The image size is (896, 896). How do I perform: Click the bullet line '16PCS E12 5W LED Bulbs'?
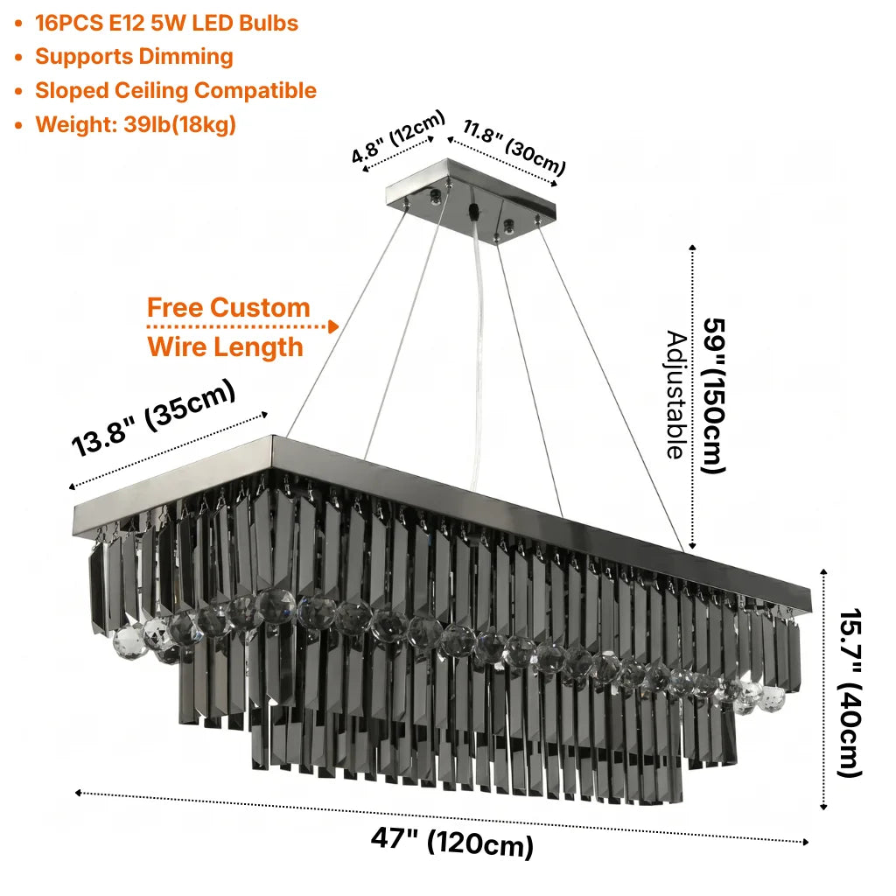166,23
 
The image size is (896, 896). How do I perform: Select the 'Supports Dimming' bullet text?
134,57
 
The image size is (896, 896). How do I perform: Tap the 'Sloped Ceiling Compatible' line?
176,90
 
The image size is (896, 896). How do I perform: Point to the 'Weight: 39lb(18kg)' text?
136,124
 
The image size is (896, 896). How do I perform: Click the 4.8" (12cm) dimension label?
398,136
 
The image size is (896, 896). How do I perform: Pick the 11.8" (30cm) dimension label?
514,147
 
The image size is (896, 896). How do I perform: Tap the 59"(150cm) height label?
714,395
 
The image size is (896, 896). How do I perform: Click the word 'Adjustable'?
676,395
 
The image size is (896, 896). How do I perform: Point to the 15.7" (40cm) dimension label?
850,693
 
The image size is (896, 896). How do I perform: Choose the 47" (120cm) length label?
452,842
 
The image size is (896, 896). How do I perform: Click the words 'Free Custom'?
228,307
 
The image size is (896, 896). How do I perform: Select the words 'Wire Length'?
225,346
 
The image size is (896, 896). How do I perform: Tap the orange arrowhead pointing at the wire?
333,327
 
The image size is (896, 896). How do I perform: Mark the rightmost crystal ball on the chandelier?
773,697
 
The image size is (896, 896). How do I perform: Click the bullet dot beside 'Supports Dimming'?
19,58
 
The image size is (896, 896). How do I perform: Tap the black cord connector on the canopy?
473,211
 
